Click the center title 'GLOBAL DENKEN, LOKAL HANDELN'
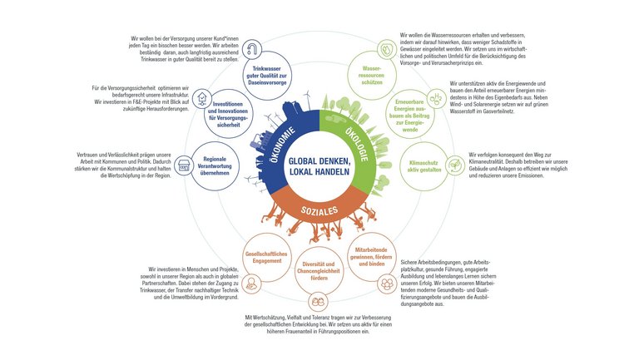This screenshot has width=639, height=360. click(x=319, y=165)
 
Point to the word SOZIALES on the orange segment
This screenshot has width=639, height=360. click(x=319, y=210)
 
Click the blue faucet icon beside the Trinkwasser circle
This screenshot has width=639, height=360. click(x=252, y=47)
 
